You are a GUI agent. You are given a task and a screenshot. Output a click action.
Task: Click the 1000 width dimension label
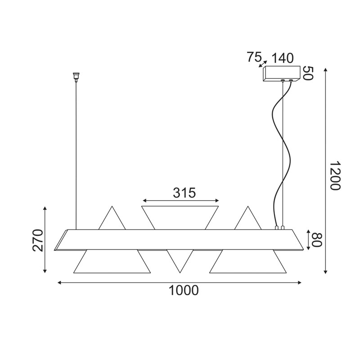click(x=184, y=290)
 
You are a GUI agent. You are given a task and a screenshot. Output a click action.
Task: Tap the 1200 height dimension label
click(x=335, y=175)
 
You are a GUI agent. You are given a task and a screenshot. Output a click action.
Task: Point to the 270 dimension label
click(x=38, y=240)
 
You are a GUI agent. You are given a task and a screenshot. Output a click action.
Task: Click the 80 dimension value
click(x=317, y=240)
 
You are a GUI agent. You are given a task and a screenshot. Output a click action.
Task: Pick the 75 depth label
click(x=254, y=57)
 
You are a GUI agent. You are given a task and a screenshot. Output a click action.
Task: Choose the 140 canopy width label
click(x=283, y=58)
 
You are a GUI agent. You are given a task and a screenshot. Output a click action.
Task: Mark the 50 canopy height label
click(x=308, y=73)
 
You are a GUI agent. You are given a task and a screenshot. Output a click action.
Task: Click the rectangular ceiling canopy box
click(x=282, y=73)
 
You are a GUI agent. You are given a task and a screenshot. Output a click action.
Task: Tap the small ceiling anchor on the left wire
click(x=76, y=77)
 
